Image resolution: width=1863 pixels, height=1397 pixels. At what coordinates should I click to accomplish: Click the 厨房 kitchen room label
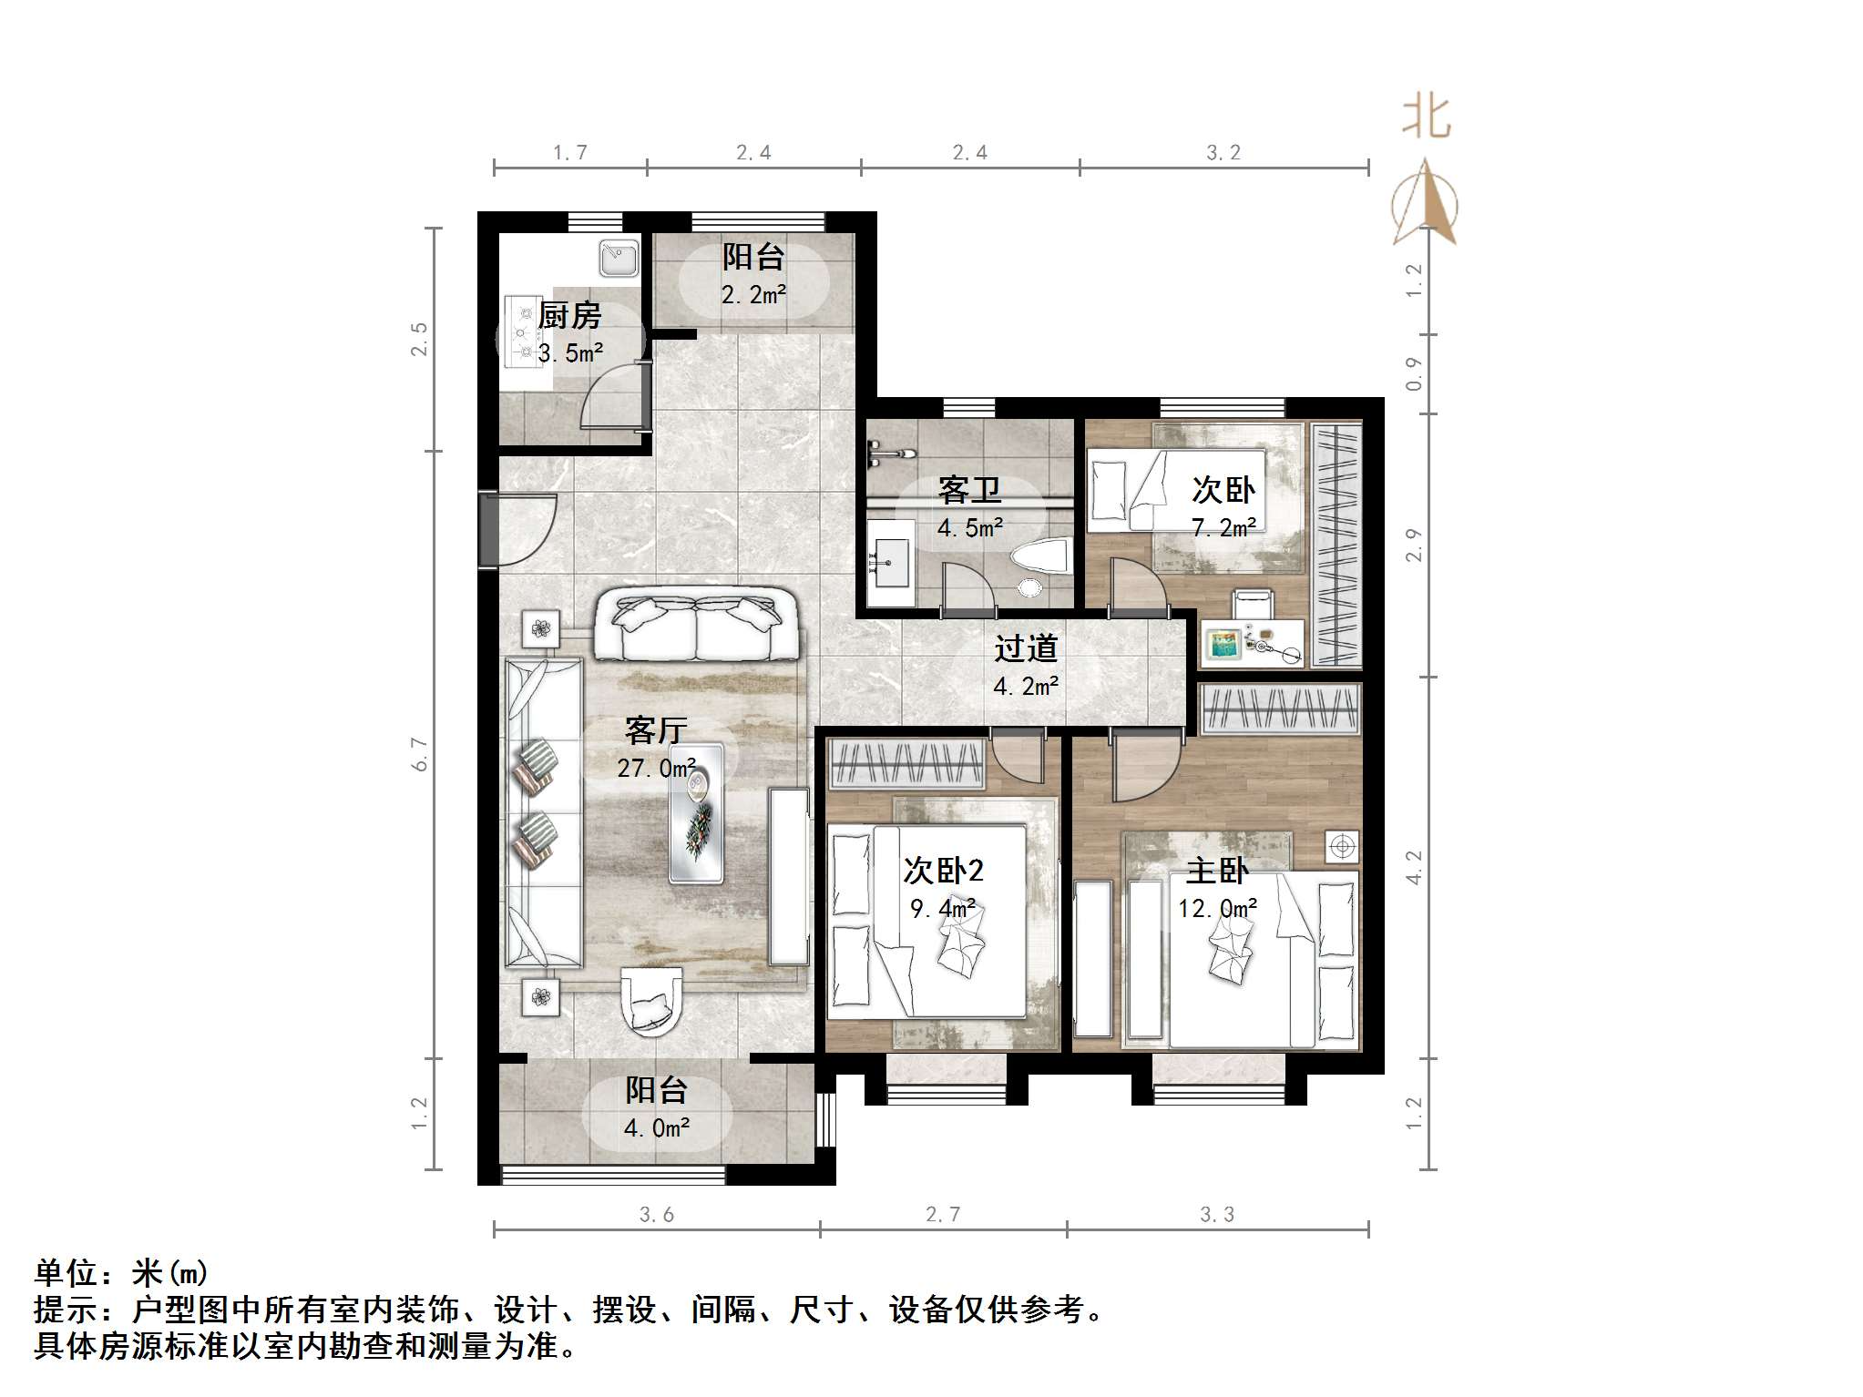570,316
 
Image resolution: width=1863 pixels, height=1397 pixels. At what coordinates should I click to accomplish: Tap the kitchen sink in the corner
619,259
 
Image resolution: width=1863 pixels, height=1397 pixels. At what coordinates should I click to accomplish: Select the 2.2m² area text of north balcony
753,295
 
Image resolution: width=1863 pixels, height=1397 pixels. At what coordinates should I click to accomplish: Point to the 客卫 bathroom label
970,490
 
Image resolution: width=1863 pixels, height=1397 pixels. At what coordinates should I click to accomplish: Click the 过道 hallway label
1026,648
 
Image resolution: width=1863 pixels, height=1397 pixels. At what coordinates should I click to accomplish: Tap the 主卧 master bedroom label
1217,871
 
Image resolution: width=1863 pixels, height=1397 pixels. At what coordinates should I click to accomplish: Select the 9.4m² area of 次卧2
943,908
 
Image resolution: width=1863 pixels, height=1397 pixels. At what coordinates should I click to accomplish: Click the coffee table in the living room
697,813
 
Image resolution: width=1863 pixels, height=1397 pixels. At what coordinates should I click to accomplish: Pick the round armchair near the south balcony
650,1001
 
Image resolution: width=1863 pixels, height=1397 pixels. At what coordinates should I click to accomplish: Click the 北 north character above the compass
1426,117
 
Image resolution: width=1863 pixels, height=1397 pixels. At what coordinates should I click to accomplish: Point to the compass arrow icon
1425,203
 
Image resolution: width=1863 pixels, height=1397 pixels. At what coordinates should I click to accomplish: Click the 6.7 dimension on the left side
420,754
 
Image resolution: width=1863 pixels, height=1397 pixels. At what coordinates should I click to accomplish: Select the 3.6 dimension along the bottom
656,1215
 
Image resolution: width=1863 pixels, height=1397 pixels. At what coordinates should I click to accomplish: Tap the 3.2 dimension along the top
1223,153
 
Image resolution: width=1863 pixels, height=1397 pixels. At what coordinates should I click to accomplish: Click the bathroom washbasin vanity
890,563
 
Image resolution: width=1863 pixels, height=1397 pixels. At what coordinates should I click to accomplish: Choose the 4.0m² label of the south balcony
657,1128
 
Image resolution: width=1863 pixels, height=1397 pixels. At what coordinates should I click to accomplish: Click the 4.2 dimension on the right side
1414,867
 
